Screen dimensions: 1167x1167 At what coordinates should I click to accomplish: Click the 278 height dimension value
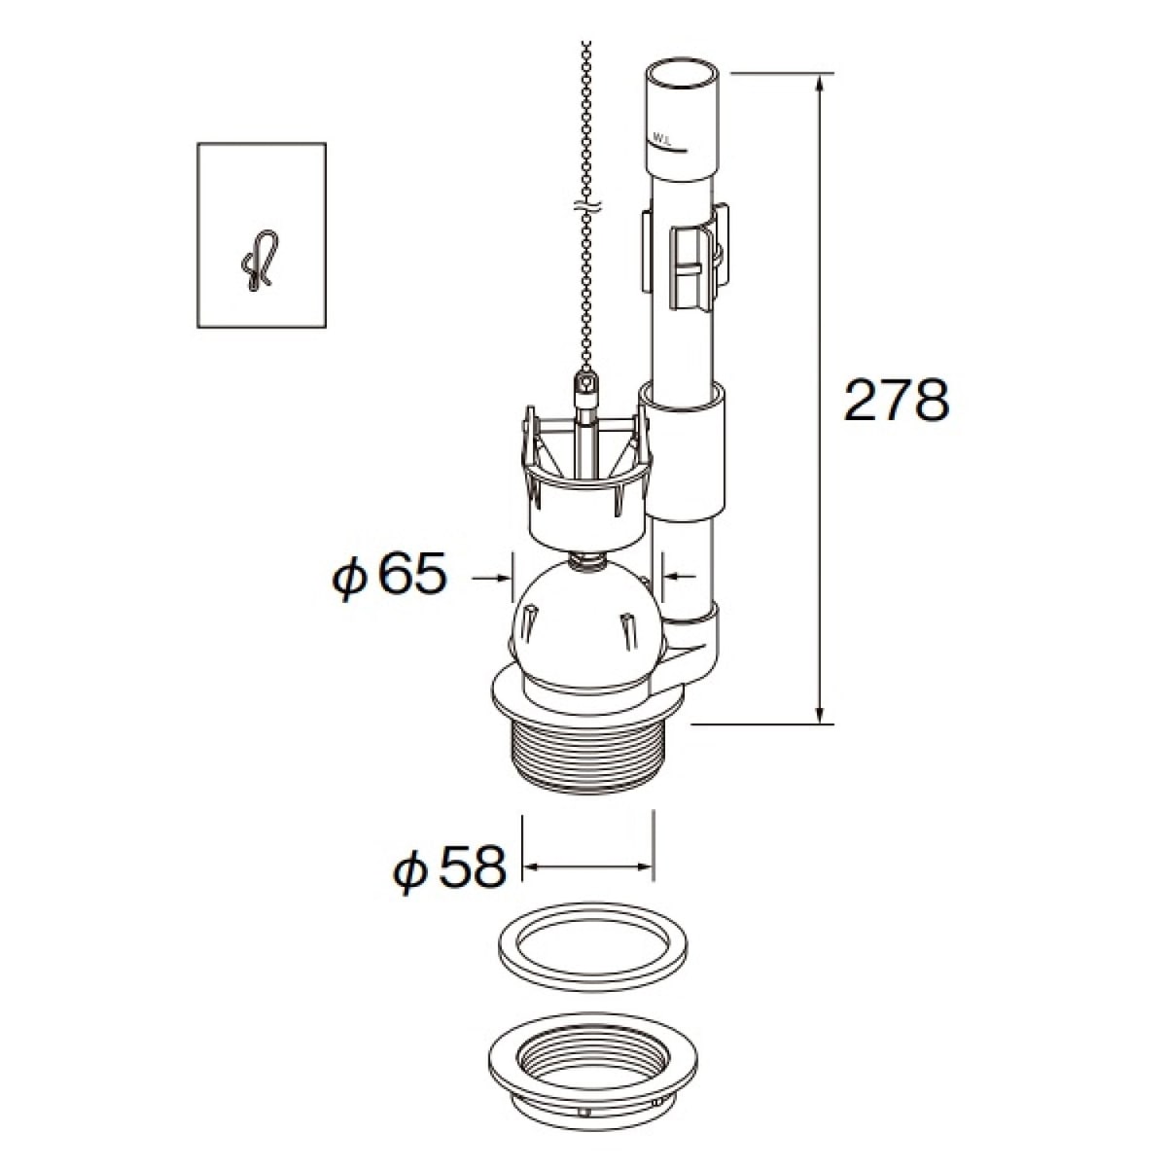coord(897,401)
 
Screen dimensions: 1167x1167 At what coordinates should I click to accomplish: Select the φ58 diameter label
coord(450,866)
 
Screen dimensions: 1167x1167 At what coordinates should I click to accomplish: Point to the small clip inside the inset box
coord(260,261)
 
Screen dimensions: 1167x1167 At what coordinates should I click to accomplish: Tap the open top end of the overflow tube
coord(680,74)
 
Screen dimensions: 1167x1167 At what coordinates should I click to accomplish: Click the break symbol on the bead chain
coord(586,207)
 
